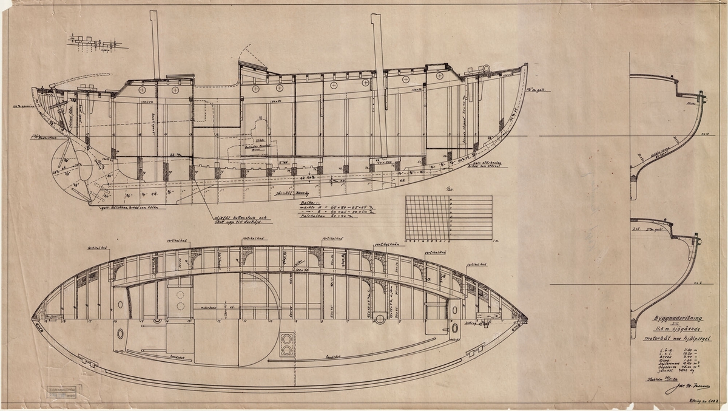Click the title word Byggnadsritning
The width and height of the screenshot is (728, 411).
click(664, 318)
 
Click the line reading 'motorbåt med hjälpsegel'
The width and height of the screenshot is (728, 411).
click(666, 339)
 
